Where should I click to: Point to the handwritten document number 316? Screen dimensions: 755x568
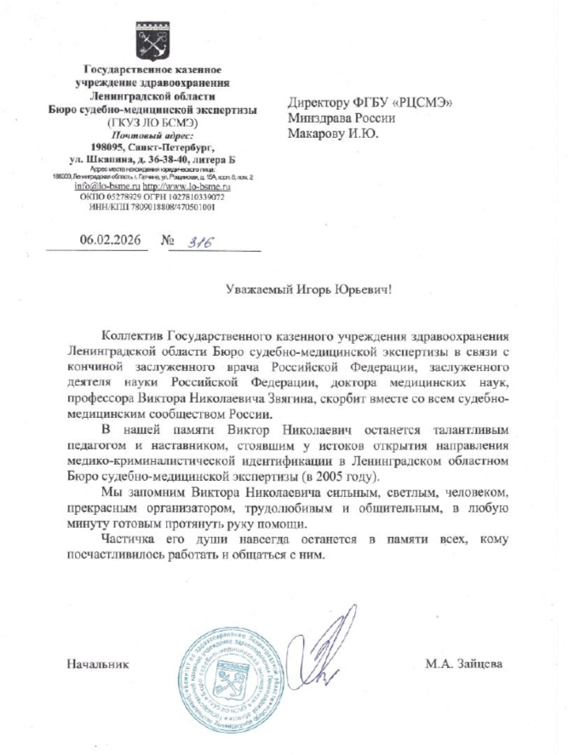tap(198, 242)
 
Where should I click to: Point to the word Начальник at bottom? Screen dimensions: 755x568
tap(97, 663)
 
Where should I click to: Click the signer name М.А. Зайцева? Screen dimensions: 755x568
tap(464, 663)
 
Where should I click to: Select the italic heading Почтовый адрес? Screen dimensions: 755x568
tap(152, 134)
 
